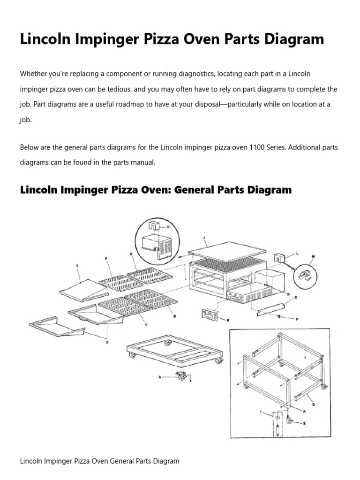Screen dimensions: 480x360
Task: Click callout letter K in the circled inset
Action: (168, 226)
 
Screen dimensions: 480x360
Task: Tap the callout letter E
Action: (77, 265)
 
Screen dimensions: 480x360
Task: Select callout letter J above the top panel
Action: (204, 238)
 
